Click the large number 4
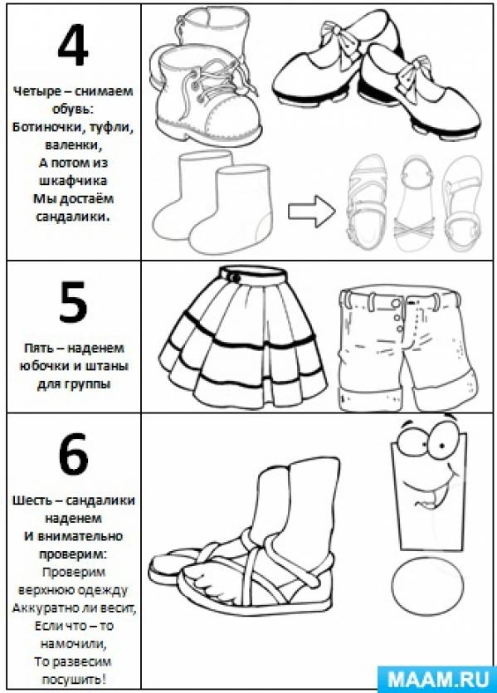click(x=73, y=45)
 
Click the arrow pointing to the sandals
click(x=311, y=211)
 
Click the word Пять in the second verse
click(x=37, y=348)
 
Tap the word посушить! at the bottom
click(x=74, y=679)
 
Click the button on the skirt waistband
click(x=235, y=277)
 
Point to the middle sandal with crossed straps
click(x=415, y=204)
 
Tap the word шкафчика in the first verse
click(x=72, y=181)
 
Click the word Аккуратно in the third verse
click(x=43, y=608)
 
